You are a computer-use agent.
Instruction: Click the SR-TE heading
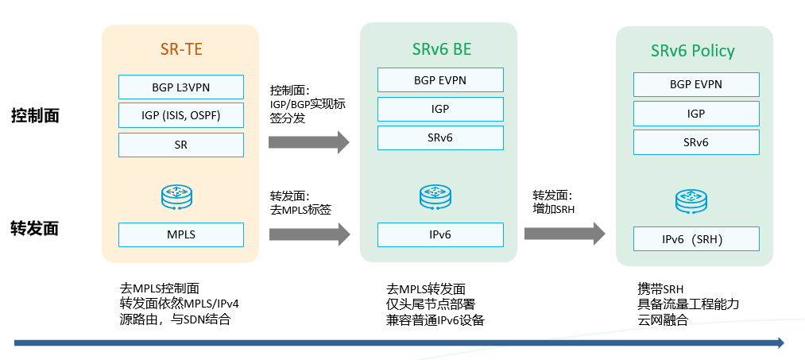pyautogui.click(x=181, y=49)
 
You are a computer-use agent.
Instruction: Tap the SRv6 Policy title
pyautogui.click(x=692, y=52)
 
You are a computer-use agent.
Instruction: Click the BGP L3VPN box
pyautogui.click(x=181, y=87)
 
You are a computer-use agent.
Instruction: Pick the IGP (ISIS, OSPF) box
pyautogui.click(x=181, y=116)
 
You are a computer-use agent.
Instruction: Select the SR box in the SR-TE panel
pyautogui.click(x=181, y=145)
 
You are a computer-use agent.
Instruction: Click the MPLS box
pyautogui.click(x=181, y=234)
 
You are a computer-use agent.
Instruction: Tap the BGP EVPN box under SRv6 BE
pyautogui.click(x=440, y=80)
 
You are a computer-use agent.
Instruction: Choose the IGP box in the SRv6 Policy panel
pyautogui.click(x=696, y=114)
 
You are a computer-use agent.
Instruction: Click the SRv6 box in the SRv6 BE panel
pyautogui.click(x=440, y=138)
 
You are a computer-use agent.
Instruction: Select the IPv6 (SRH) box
pyautogui.click(x=696, y=239)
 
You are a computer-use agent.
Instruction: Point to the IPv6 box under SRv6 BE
pyautogui.click(x=440, y=234)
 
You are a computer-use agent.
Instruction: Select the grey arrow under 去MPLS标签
pyautogui.click(x=309, y=234)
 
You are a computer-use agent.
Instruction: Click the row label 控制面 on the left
pyautogui.click(x=35, y=116)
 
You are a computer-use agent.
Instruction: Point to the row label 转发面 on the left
pyautogui.click(x=35, y=229)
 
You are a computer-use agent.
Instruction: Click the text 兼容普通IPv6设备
pyautogui.click(x=435, y=320)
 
